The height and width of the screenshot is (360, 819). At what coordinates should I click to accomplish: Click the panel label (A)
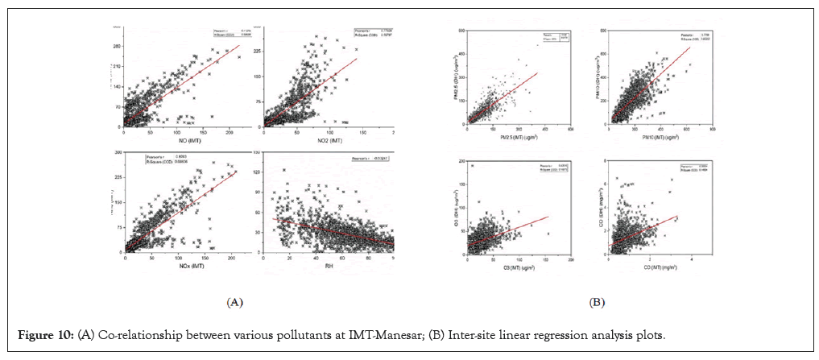234,303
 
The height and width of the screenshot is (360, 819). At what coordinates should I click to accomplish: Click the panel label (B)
597,303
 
